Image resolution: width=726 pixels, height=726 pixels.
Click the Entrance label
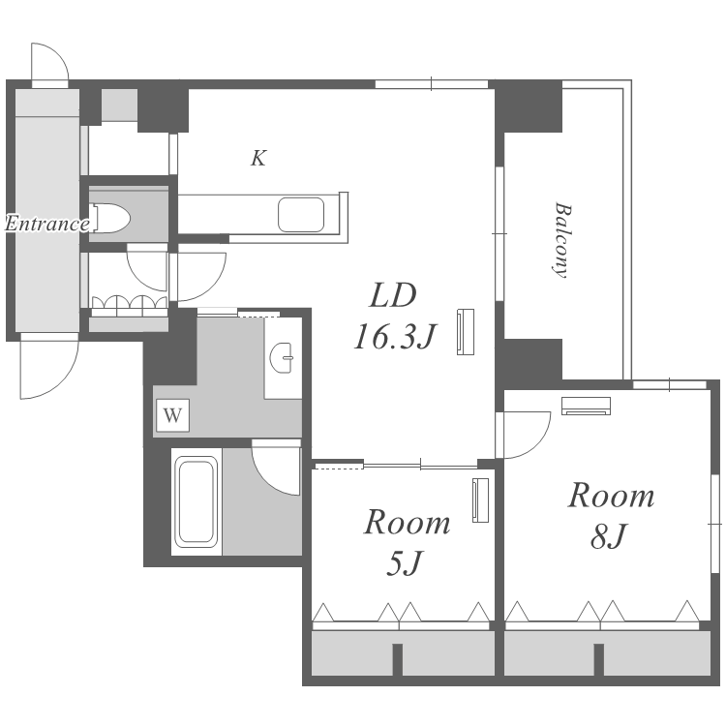coord(47,224)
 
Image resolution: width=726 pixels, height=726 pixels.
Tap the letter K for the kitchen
coord(258,158)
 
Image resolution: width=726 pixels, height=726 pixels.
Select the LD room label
coord(393,295)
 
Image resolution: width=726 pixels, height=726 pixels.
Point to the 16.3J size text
coord(395,337)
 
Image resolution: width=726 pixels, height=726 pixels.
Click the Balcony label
coord(560,240)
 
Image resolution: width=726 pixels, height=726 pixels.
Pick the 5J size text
coord(405,563)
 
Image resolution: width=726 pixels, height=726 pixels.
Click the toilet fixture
coord(111,218)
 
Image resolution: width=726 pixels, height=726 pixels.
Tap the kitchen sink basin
coord(301,214)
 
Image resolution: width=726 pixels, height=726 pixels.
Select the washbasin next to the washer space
coord(281,357)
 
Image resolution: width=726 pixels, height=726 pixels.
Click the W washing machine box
coord(172,415)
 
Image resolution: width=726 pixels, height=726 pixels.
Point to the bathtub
coord(197,501)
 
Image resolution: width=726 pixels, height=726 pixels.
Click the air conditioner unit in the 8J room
coord(586,406)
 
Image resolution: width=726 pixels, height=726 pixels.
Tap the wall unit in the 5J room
coord(480,500)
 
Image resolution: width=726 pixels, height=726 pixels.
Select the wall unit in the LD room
coord(466,331)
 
